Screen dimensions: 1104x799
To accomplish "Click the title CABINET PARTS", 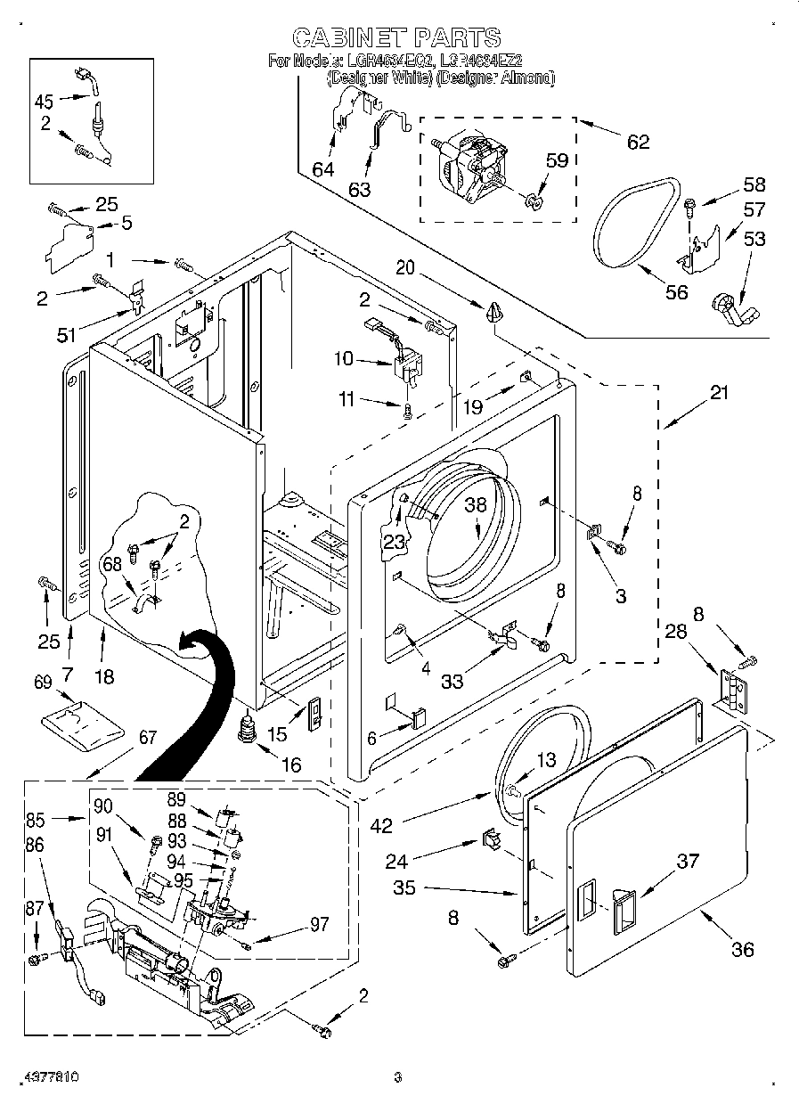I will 397,37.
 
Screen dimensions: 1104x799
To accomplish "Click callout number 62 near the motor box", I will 638,141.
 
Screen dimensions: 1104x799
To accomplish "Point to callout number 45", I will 45,101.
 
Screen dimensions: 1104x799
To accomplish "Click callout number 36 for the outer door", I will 742,949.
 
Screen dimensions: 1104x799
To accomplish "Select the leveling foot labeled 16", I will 248,726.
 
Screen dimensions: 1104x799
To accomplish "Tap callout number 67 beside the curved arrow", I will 148,737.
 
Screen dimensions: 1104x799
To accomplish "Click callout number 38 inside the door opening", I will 476,503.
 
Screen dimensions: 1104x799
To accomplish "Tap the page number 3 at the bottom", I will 398,1076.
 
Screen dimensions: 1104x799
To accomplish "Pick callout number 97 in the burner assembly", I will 317,924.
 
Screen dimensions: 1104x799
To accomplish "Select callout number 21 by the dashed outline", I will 719,392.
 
